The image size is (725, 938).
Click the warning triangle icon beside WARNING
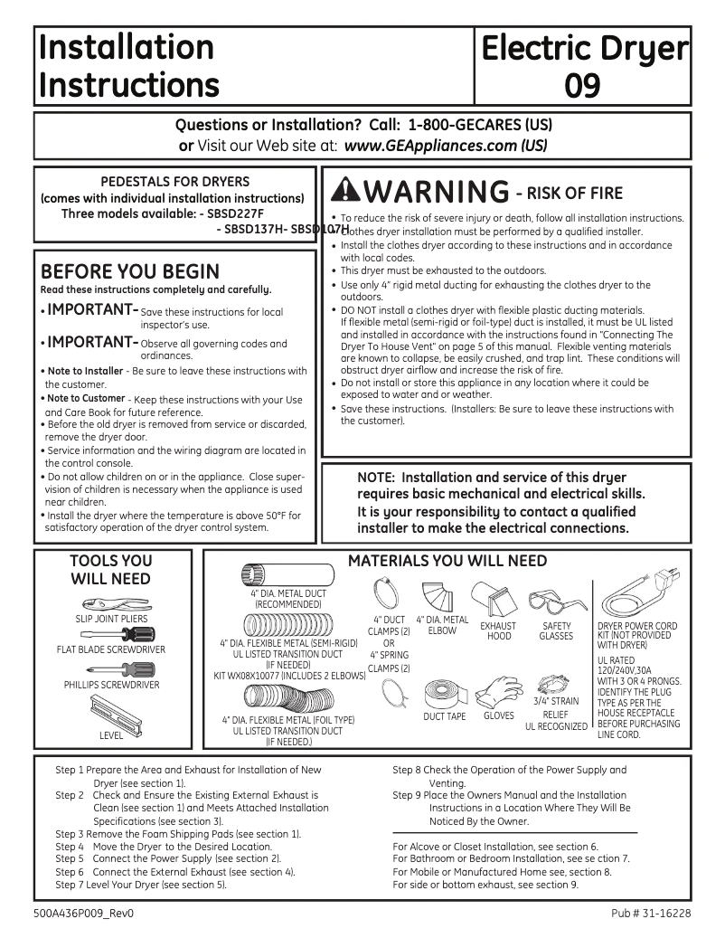pyautogui.click(x=346, y=191)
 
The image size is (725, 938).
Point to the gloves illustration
pyautogui.click(x=498, y=691)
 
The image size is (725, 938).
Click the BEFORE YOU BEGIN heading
pyautogui.click(x=130, y=271)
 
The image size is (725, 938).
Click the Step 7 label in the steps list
pyautogui.click(x=70, y=884)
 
